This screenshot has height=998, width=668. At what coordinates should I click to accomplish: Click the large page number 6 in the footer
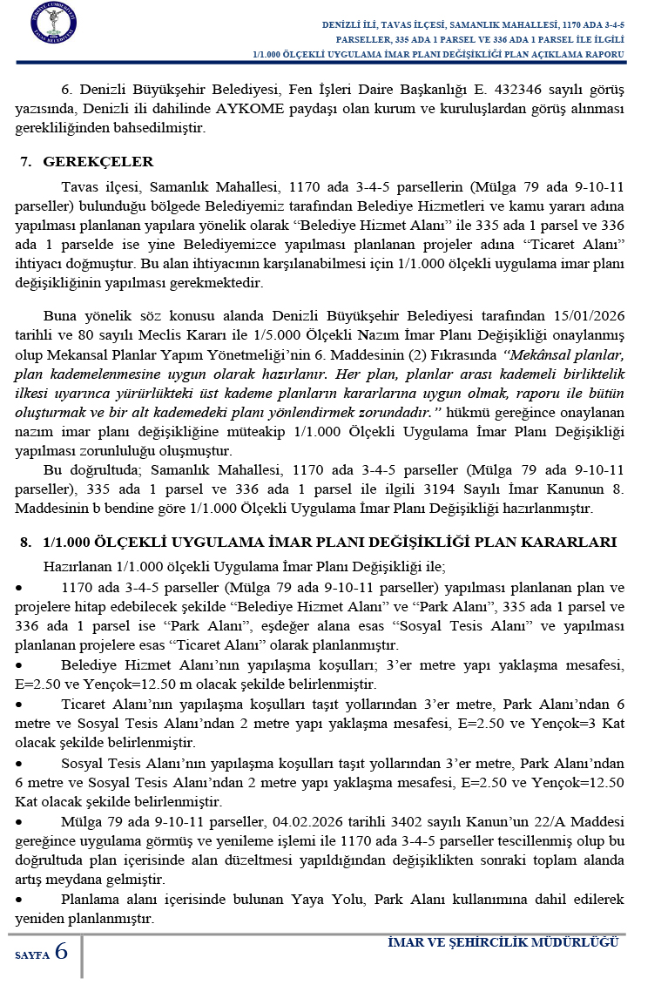click(61, 951)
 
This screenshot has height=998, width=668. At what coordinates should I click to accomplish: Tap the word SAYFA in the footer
click(32, 955)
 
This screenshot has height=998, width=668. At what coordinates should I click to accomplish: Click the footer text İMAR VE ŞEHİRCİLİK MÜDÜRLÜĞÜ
click(503, 943)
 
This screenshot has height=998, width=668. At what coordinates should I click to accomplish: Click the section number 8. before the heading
click(25, 542)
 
